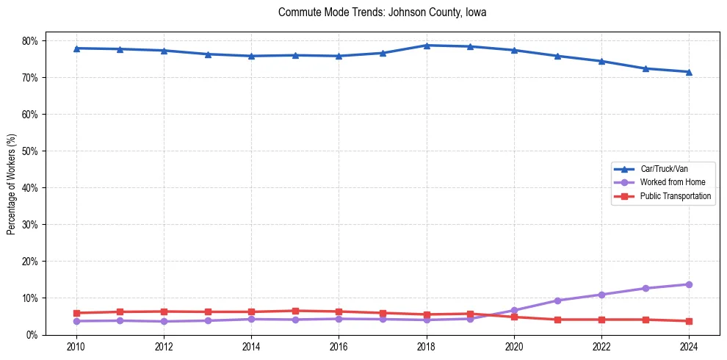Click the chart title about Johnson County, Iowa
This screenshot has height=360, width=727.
point(382,12)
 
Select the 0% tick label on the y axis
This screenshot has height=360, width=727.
point(32,335)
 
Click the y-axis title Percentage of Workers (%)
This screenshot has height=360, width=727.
point(12,184)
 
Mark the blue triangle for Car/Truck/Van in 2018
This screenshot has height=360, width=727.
point(427,46)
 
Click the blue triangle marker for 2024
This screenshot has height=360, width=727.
point(689,72)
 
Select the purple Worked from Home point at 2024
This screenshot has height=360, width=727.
point(689,284)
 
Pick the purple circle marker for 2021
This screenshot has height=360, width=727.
point(557,300)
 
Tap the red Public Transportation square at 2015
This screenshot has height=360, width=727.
point(295,311)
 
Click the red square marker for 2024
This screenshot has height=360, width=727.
point(689,321)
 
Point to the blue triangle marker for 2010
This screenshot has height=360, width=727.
point(76,48)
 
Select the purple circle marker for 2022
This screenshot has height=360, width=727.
point(601,295)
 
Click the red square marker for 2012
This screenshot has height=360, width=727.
point(164,312)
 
